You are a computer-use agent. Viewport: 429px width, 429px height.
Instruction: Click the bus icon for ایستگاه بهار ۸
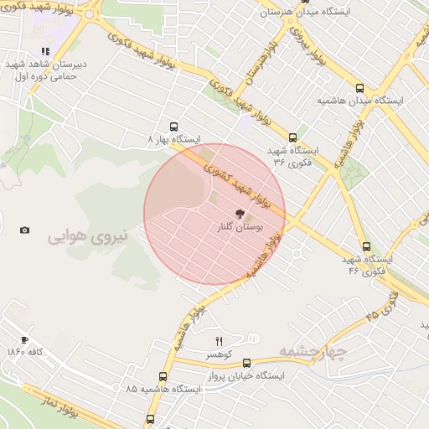pyautogui.click(x=173, y=127)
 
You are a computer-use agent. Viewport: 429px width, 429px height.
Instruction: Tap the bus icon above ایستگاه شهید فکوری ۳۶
pyautogui.click(x=292, y=137)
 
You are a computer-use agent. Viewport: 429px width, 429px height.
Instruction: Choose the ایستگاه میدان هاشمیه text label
pyautogui.click(x=359, y=100)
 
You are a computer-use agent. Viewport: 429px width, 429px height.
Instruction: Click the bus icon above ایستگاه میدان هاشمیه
pyautogui.click(x=359, y=88)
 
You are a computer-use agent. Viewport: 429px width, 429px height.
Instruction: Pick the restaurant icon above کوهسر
pyautogui.click(x=220, y=340)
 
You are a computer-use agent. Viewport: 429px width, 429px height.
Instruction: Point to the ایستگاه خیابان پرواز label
pyautogui.click(x=246, y=375)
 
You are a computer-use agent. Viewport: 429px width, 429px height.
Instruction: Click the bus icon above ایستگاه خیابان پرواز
pyautogui.click(x=246, y=364)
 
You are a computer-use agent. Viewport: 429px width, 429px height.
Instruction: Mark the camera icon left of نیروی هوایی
pyautogui.click(x=24, y=230)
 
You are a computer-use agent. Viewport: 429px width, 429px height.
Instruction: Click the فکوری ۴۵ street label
pyautogui.click(x=383, y=313)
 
